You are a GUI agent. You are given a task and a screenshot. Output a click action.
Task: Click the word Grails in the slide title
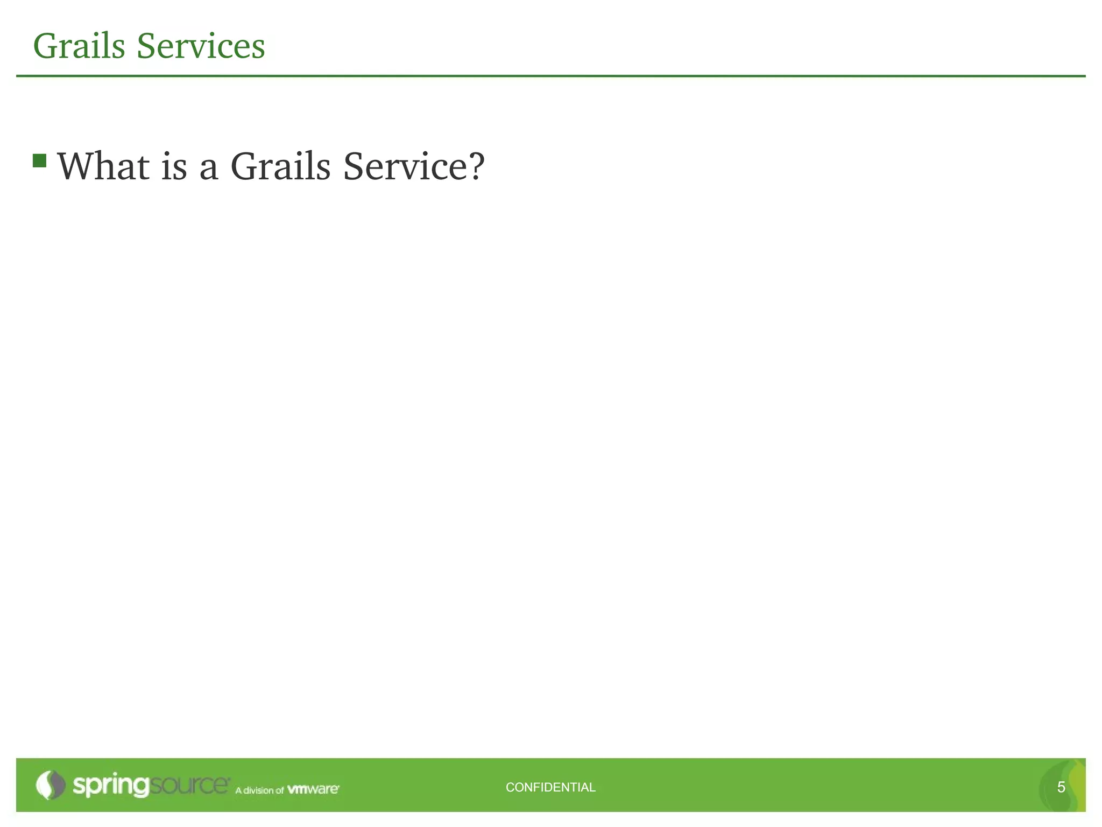coord(79,46)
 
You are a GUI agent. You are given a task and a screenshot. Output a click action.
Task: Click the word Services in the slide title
coord(201,46)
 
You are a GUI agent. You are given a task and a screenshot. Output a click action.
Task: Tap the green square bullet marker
coord(39,160)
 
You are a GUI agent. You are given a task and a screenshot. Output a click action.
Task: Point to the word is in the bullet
coord(174,166)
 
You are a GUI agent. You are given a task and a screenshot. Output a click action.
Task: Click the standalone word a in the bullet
coord(209,168)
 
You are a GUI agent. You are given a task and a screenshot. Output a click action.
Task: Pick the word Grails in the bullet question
coord(280,166)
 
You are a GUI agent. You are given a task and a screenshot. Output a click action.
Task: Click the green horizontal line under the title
coord(551,76)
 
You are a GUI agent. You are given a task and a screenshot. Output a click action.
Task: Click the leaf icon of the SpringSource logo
coord(50,785)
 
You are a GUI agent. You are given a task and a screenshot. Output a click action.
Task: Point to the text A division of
coord(259,790)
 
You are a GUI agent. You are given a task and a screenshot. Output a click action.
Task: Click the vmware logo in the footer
coord(313,789)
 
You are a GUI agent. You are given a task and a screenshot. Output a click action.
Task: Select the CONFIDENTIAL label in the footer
coord(550,787)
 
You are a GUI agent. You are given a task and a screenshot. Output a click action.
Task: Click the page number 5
coord(1061,787)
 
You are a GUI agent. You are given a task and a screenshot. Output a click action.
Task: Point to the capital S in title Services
coord(146,46)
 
